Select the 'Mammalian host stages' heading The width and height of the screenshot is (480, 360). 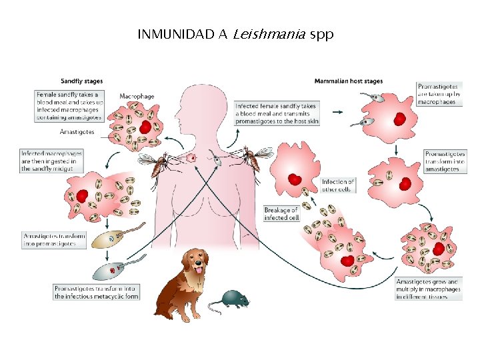[x=348, y=81]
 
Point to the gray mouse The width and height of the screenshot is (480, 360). [x=231, y=299]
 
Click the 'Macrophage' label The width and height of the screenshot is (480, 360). [x=137, y=96]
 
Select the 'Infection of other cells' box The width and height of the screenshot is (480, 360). [x=337, y=185]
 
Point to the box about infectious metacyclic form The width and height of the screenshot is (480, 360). [x=96, y=292]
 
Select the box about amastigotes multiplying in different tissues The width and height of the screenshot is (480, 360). [x=429, y=289]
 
